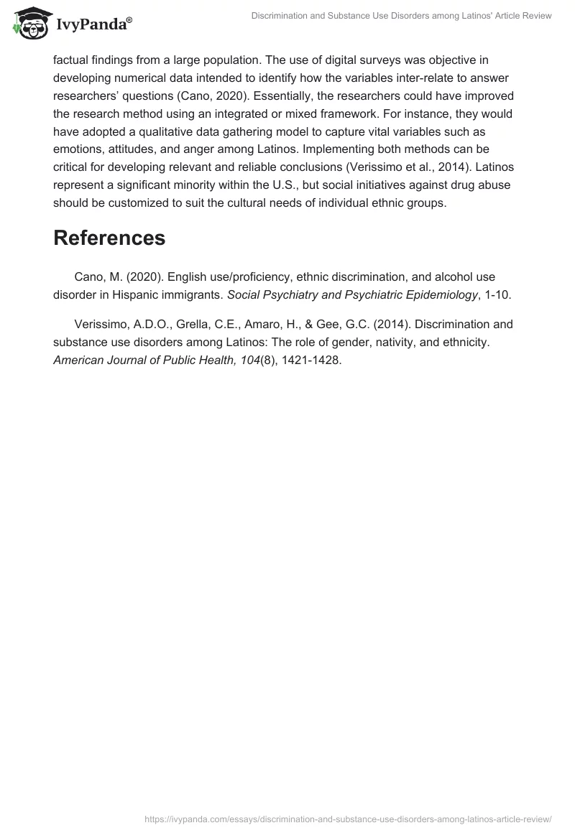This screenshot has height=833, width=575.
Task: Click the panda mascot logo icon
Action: click(x=29, y=24)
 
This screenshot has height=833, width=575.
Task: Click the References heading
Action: click(x=109, y=238)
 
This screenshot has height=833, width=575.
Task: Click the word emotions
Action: click(x=80, y=149)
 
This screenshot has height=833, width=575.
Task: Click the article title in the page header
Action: click(x=401, y=16)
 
